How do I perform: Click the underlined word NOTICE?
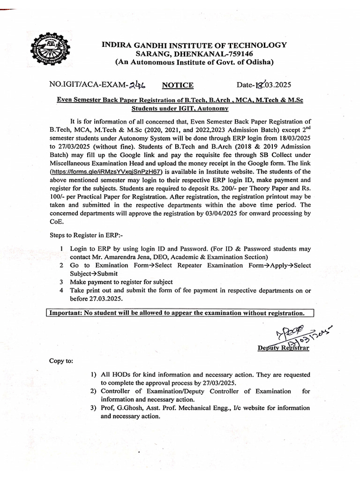(178, 85)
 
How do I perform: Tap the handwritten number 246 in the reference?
(136, 84)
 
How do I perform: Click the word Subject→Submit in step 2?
(94, 274)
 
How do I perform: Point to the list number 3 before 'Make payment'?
(61, 282)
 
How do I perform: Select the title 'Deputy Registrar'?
(283, 348)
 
